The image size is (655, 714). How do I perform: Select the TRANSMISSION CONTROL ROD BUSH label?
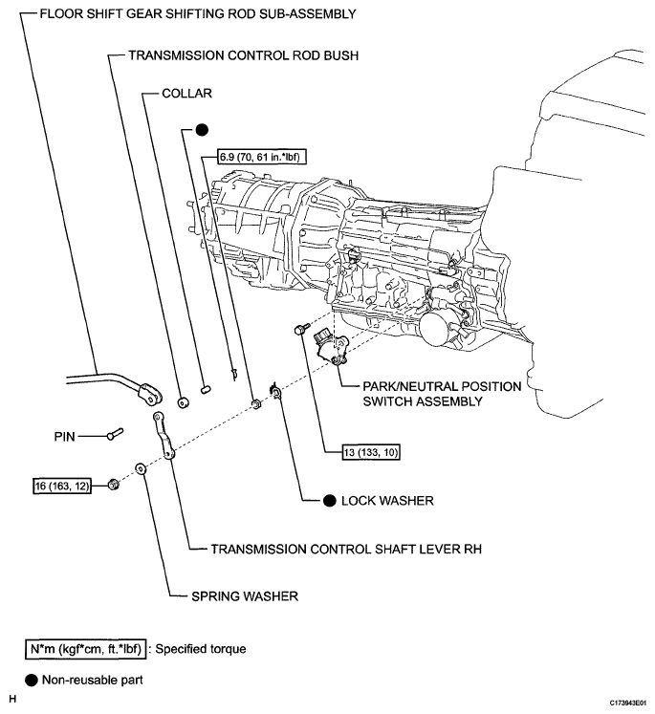coord(243,56)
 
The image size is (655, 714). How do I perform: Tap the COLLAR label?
coord(186,96)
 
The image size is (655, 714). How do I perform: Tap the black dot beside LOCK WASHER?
coord(330,500)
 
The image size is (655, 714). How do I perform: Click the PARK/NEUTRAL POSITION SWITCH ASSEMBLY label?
coord(442,395)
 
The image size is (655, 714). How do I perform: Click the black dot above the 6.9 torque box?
coord(202,131)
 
